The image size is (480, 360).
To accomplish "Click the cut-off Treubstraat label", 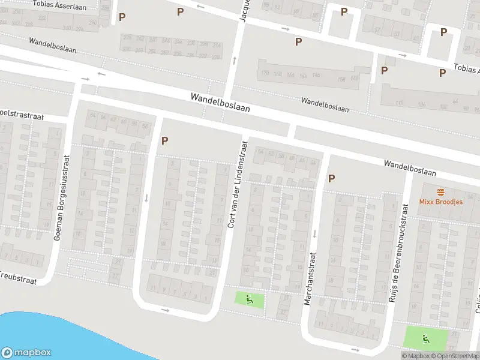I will [x=18, y=280].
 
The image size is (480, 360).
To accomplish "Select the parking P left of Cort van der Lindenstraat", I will [x=164, y=141].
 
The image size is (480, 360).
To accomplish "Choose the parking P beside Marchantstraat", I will [x=331, y=178].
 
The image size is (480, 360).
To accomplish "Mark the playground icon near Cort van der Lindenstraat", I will [x=250, y=299].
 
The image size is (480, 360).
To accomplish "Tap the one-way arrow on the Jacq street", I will [x=235, y=59].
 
